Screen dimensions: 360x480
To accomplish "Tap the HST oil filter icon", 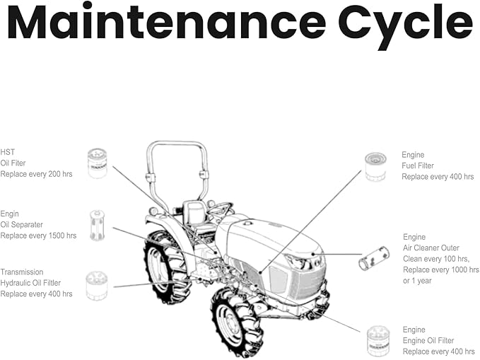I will (97, 163).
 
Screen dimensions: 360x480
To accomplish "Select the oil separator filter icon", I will (97, 226).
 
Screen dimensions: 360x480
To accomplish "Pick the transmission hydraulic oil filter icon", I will (96, 286).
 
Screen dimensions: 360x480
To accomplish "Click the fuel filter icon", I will (375, 166).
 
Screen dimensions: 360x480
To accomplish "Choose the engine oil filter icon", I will (378, 340).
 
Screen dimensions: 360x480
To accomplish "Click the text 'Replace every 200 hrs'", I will (37, 174).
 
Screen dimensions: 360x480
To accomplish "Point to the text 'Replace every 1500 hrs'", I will (38, 236).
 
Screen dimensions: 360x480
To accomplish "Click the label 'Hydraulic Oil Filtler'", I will (30, 283).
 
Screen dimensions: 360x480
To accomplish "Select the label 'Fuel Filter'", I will (418, 166).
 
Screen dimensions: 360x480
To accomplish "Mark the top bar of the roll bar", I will (177, 144).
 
